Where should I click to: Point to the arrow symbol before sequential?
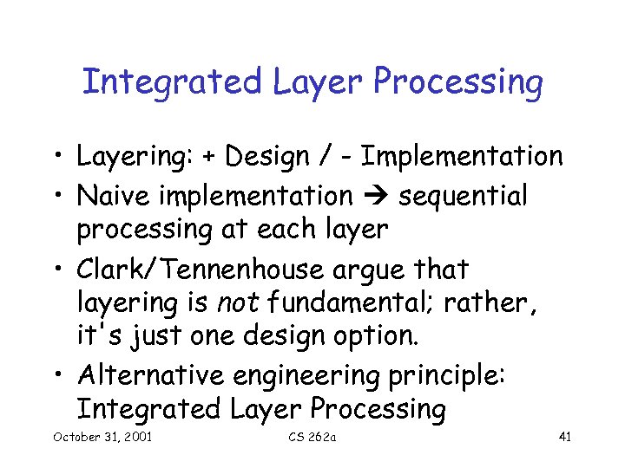pyautogui.click(x=375, y=197)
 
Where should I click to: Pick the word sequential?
pyautogui.click(x=463, y=197)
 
